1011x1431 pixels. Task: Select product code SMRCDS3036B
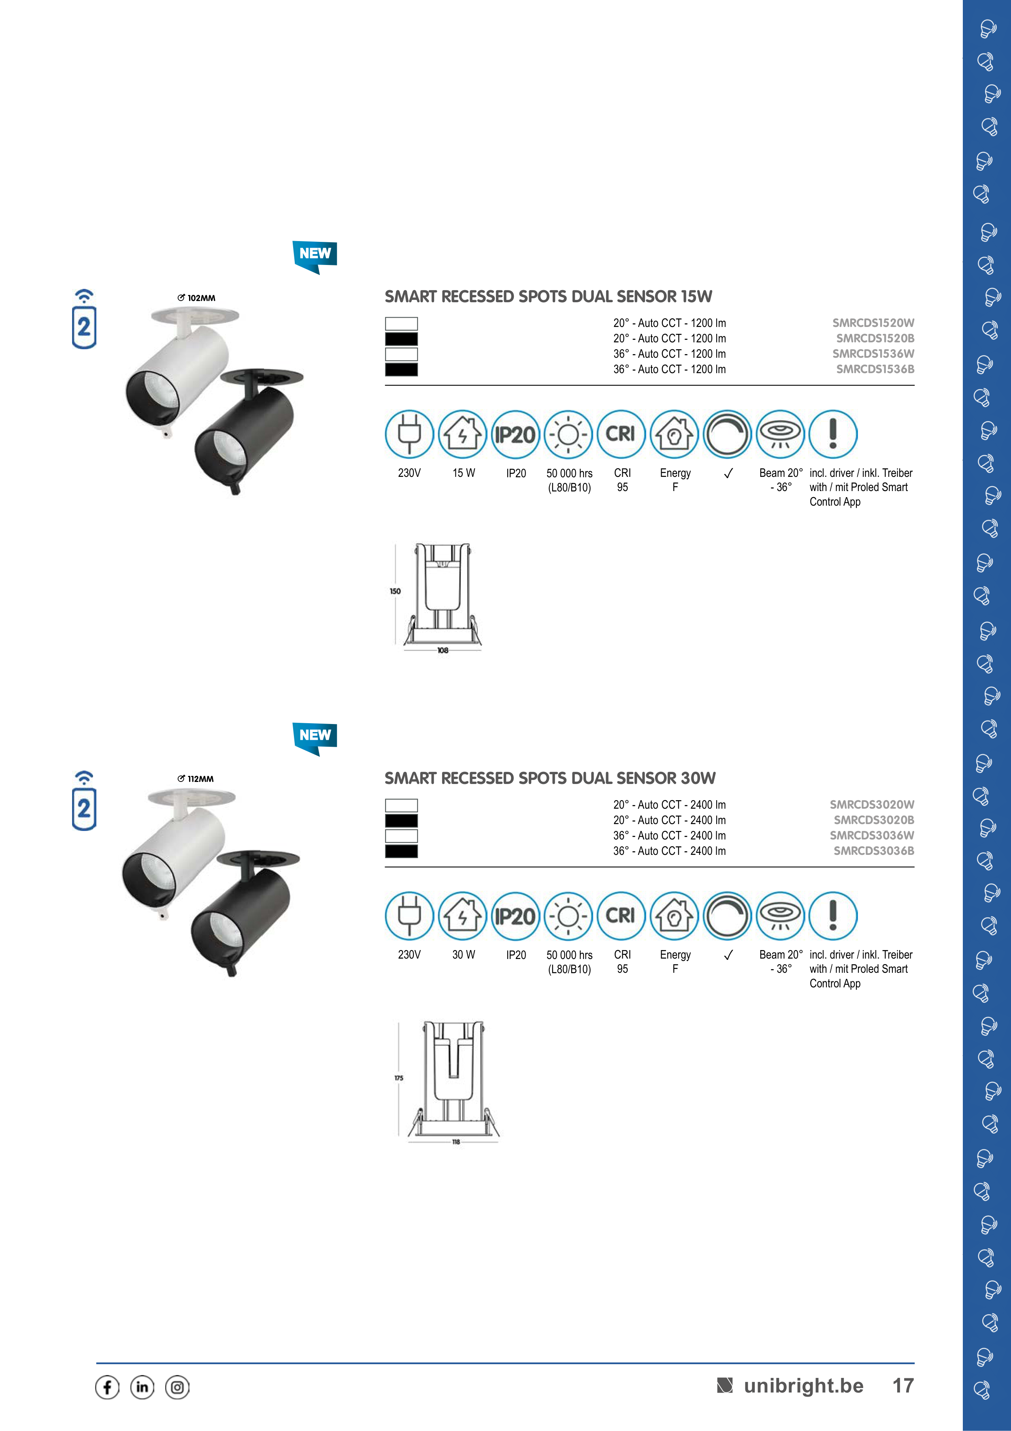[874, 851]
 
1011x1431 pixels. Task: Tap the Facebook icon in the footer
[107, 1387]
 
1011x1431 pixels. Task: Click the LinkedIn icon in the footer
[142, 1387]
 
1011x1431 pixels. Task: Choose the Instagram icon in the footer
[177, 1387]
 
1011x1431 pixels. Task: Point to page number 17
[903, 1386]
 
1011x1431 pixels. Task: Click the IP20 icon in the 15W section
[515, 434]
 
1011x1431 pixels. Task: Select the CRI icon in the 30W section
[621, 916]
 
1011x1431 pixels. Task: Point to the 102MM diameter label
[196, 298]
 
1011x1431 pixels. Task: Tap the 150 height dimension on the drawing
[395, 591]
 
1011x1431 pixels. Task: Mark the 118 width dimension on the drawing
[456, 1142]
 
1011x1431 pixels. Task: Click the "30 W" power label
[464, 955]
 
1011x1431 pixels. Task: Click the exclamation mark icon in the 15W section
[833, 434]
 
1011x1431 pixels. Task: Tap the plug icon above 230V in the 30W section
[409, 916]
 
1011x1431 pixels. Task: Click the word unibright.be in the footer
[804, 1386]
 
